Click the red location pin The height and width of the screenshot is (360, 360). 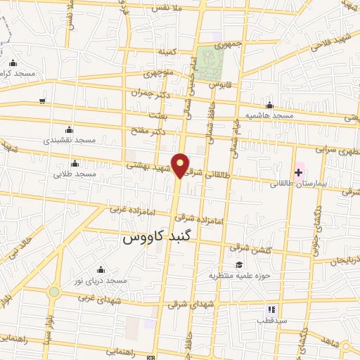coord(181,165)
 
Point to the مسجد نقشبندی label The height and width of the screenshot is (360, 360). coord(69,140)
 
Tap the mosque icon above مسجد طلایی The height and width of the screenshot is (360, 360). coord(75,163)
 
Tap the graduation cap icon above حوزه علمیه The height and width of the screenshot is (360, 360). coord(240,264)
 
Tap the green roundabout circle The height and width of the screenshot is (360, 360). coord(54,292)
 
